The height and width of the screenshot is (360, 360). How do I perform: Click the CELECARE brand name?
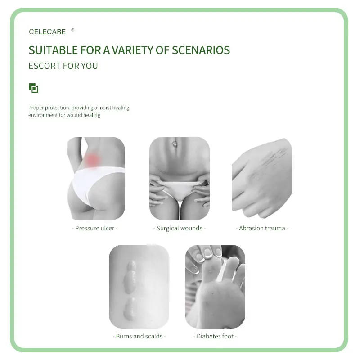coord(47,31)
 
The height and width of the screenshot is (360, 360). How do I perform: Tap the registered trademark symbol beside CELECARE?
coord(73,30)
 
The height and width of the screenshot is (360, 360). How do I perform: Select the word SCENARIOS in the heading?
coord(201,50)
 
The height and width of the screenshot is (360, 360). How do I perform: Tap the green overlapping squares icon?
coord(33,88)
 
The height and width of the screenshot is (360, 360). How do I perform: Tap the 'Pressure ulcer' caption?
coord(94,228)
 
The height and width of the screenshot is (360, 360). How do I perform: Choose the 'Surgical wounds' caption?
coord(179,228)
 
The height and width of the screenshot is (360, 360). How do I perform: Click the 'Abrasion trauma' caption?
coord(262,228)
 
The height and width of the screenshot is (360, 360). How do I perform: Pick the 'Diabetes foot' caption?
coord(215,336)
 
